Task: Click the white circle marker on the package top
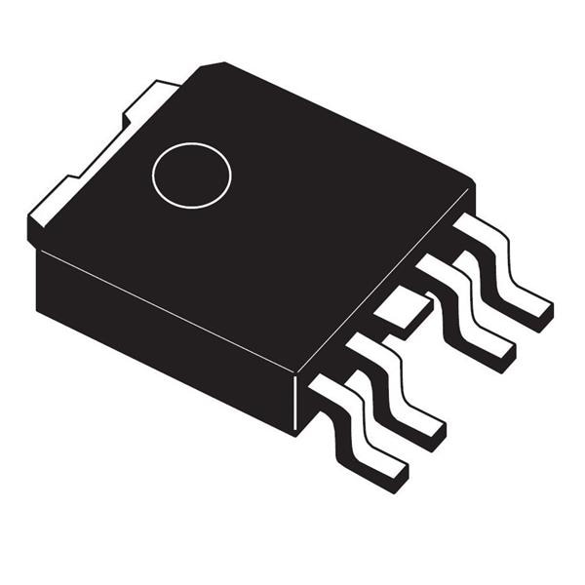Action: (192, 175)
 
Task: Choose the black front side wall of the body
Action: (166, 331)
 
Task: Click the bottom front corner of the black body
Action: (293, 431)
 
